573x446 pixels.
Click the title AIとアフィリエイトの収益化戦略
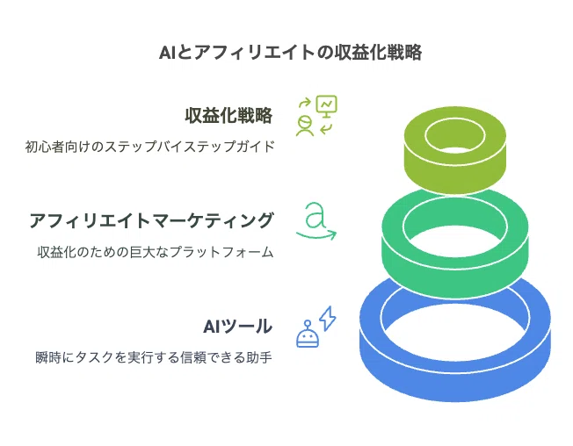[291, 53]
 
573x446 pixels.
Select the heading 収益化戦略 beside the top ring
[228, 115]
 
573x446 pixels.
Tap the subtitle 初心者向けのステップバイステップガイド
[149, 147]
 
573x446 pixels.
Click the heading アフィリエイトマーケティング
[151, 221]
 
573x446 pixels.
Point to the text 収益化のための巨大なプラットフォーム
[156, 252]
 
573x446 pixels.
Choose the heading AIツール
[237, 327]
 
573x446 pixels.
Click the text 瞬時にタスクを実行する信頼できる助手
[154, 357]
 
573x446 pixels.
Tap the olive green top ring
[455, 171]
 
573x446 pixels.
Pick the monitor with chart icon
[327, 106]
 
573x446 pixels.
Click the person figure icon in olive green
[304, 126]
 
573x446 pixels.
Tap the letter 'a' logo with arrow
[316, 221]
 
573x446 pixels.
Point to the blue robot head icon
[308, 334]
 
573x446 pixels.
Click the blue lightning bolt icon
[328, 319]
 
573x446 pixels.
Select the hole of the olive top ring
[455, 136]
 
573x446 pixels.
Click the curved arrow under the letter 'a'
[316, 235]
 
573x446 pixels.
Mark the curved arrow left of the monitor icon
[305, 103]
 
